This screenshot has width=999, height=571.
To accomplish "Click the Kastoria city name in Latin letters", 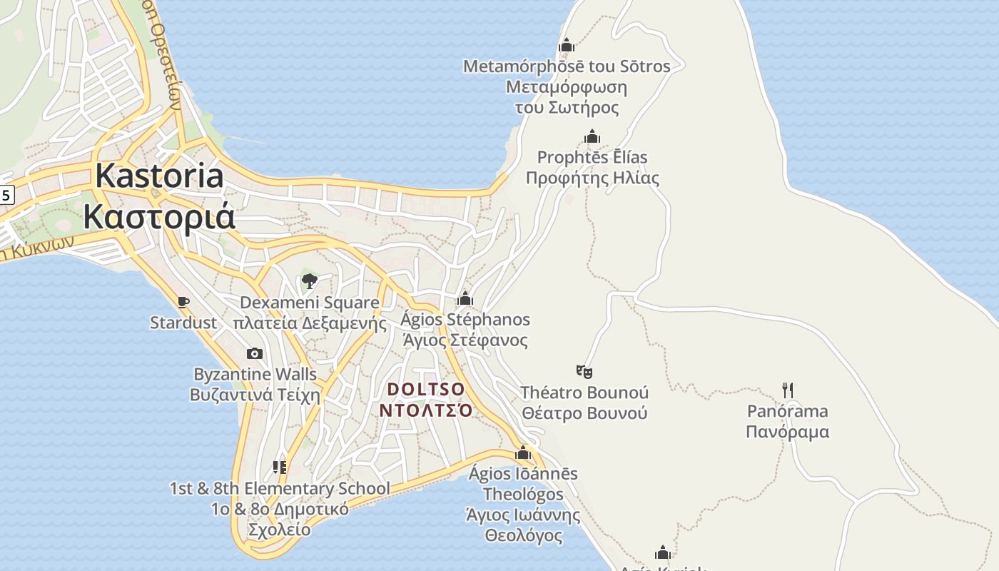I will click(160, 176).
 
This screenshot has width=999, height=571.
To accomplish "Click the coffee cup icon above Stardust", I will click(183, 302).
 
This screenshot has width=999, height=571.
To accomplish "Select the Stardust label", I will click(183, 323).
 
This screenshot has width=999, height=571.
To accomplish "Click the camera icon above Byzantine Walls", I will click(255, 353).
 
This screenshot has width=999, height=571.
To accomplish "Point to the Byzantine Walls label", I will click(255, 374).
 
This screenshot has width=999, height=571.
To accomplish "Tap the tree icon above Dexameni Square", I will click(310, 281).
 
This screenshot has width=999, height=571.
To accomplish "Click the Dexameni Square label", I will click(310, 303).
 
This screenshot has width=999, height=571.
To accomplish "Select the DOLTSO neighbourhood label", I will click(426, 390).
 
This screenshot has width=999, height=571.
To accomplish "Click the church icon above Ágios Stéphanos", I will click(465, 298).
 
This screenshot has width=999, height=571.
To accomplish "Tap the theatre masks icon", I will click(584, 371).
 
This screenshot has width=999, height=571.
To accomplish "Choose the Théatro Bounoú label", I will click(584, 393).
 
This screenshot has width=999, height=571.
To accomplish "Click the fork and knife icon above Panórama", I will click(788, 390).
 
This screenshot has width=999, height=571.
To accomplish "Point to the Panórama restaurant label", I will click(788, 411).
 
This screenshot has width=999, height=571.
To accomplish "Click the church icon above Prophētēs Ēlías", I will click(592, 136).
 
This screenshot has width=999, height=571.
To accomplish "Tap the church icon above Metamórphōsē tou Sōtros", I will click(567, 46).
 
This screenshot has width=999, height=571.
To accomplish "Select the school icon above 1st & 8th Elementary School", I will click(280, 468).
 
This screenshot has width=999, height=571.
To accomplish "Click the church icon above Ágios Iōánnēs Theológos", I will click(523, 453).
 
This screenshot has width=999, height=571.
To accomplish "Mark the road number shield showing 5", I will click(6, 194).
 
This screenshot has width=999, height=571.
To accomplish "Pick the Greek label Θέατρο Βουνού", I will click(584, 413).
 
